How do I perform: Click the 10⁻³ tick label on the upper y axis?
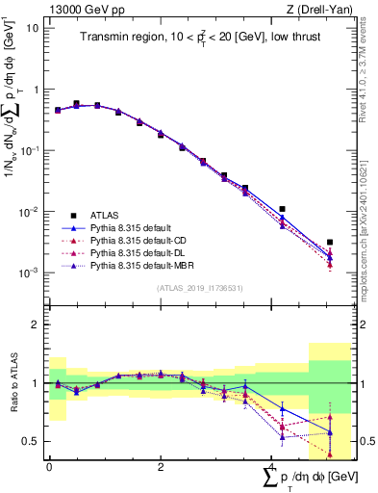click(x=30, y=272)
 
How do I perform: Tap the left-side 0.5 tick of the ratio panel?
click(x=34, y=441)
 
